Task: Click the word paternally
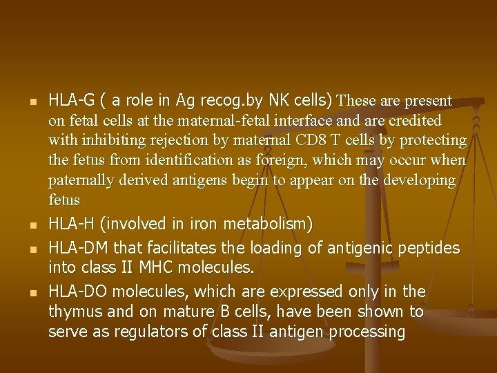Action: (x=80, y=180)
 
